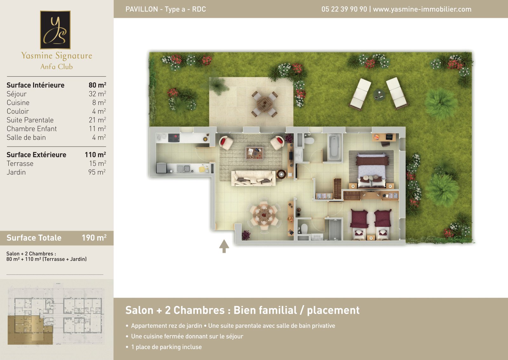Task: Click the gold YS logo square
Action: [x=55, y=30]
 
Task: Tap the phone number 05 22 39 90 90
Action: [x=344, y=9]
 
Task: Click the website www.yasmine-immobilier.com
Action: [x=422, y=9]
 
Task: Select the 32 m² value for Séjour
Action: [x=97, y=94]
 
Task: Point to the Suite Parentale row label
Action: [x=30, y=120]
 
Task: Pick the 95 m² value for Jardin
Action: [x=97, y=172]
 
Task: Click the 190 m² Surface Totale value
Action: [x=94, y=238]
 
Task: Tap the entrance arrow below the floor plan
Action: [x=224, y=246]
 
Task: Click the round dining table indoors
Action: [x=264, y=214]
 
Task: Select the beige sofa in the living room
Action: [x=254, y=178]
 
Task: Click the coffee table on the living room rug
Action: [x=254, y=153]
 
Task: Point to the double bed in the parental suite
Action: [x=371, y=170]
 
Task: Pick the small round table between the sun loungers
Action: [x=379, y=95]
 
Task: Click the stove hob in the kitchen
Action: [x=174, y=138]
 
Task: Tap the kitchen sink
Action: [x=184, y=169]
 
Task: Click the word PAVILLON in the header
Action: [x=142, y=9]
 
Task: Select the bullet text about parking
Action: [x=166, y=347]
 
